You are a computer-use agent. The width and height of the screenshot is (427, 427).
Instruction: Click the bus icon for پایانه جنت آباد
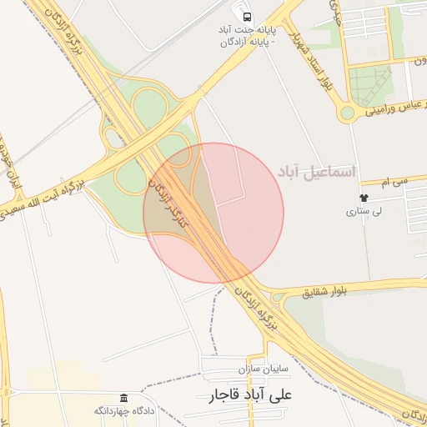click(x=246, y=16)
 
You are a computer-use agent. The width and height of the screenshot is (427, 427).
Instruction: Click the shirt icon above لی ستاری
click(x=364, y=198)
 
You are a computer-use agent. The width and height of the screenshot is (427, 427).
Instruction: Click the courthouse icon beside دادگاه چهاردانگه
click(x=124, y=397)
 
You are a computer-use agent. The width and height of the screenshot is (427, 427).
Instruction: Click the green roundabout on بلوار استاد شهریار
click(x=347, y=113)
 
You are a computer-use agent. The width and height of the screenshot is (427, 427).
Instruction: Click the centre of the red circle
click(x=213, y=213)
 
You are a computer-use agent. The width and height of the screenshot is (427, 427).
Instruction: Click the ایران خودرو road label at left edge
click(x=8, y=158)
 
